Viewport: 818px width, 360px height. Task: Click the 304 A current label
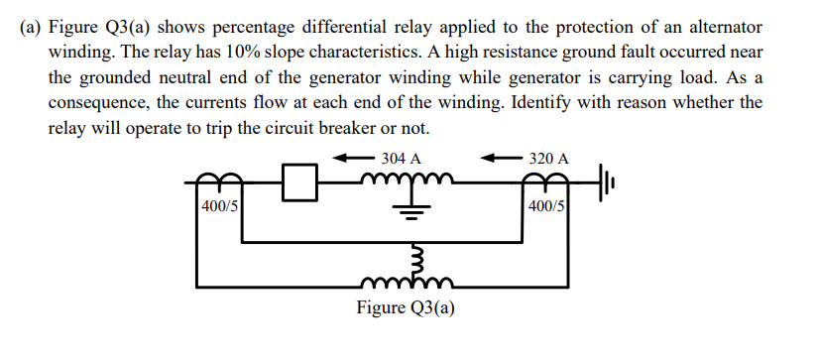click(x=401, y=158)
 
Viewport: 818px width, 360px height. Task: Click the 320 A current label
click(x=548, y=158)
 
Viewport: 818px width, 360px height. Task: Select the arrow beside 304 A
click(x=352, y=158)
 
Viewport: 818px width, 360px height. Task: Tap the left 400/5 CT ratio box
click(x=216, y=206)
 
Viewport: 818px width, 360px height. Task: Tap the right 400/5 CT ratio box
click(x=548, y=206)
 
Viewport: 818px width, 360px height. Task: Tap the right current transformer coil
click(x=548, y=179)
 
